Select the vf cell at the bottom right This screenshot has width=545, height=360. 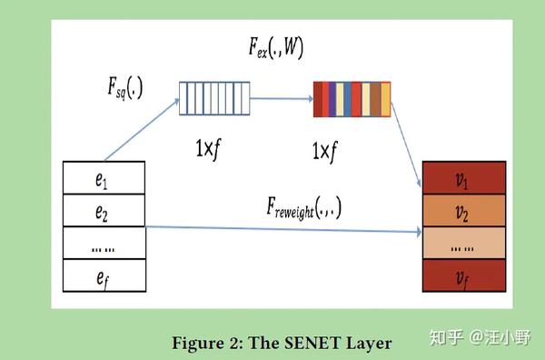(463, 276)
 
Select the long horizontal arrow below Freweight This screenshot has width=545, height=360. (282, 229)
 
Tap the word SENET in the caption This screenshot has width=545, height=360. (299, 343)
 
